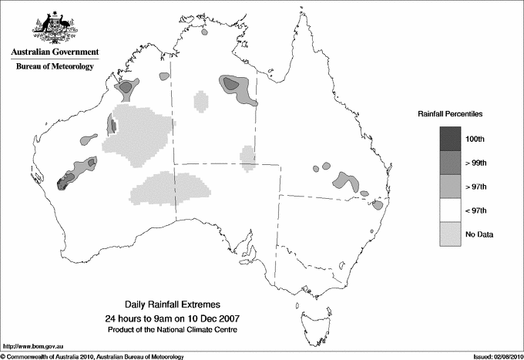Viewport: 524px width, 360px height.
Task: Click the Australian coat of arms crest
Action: point(54,28)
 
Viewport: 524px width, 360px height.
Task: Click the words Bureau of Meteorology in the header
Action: point(54,67)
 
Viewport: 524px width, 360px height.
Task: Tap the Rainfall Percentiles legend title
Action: point(450,113)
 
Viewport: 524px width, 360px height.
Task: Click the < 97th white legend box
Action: point(450,210)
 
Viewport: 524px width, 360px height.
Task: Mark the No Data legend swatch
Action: point(450,234)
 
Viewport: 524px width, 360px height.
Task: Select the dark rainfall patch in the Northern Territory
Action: point(236,87)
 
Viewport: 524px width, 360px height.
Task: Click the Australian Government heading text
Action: point(54,53)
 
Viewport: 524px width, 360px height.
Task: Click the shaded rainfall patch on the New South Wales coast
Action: point(378,205)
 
